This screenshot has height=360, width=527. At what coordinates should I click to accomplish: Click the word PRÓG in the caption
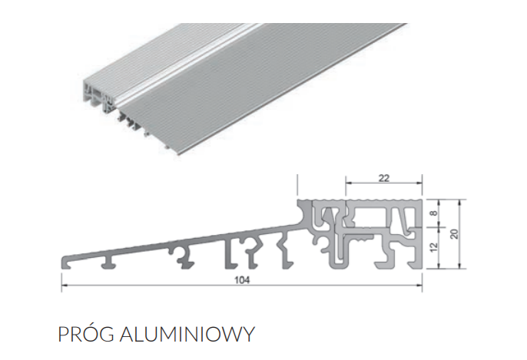pyautogui.click(x=82, y=335)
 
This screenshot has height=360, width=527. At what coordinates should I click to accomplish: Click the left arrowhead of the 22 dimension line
pyautogui.click(x=347, y=184)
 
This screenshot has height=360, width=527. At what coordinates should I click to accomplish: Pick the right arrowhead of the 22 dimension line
pyautogui.click(x=420, y=184)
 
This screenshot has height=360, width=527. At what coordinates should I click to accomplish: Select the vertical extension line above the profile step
pyautogui.click(x=297, y=186)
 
